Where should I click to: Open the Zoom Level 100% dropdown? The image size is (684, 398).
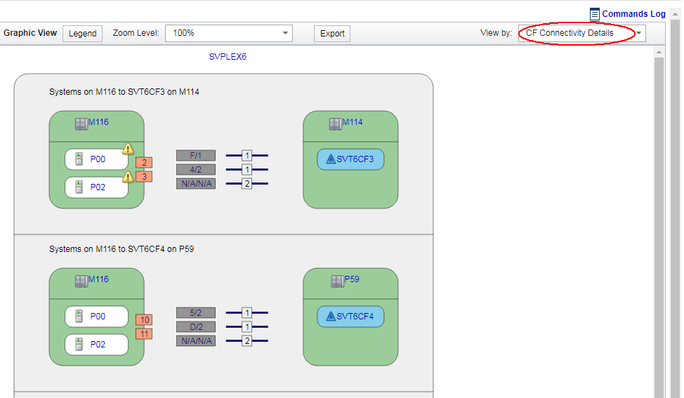pyautogui.click(x=228, y=33)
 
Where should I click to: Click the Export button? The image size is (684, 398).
pyautogui.click(x=332, y=34)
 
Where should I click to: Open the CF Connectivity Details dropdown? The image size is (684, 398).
pyautogui.click(x=581, y=33)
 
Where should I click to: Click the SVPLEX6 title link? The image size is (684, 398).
pyautogui.click(x=228, y=57)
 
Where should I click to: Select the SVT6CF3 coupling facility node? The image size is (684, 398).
pyautogui.click(x=350, y=159)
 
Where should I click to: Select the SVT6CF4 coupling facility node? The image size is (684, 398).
pyautogui.click(x=350, y=317)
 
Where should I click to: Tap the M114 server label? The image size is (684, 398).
pyautogui.click(x=352, y=122)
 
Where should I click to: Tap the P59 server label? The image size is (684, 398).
pyautogui.click(x=351, y=279)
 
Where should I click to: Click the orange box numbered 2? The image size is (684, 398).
pyautogui.click(x=144, y=163)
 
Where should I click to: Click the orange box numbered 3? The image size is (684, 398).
pyautogui.click(x=144, y=177)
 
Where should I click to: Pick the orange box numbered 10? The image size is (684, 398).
pyautogui.click(x=144, y=320)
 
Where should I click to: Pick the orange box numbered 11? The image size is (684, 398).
pyautogui.click(x=144, y=334)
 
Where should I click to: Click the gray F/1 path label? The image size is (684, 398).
pyautogui.click(x=195, y=156)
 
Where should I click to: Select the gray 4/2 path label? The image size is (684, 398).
pyautogui.click(x=195, y=170)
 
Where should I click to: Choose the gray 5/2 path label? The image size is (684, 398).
pyautogui.click(x=195, y=313)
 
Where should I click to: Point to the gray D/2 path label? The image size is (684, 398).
pyautogui.click(x=195, y=327)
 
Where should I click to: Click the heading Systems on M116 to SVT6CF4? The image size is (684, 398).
pyautogui.click(x=121, y=249)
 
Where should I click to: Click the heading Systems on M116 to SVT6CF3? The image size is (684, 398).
pyautogui.click(x=124, y=92)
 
